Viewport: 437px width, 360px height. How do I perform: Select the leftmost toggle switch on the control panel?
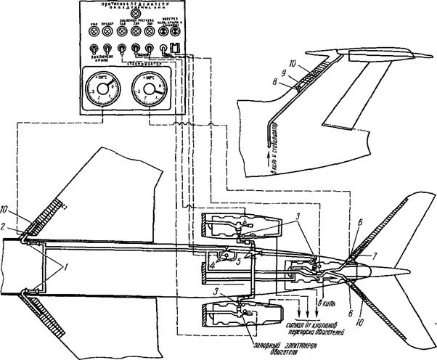pos(94,51)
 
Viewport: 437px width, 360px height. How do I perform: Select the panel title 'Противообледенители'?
pos(131,4)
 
